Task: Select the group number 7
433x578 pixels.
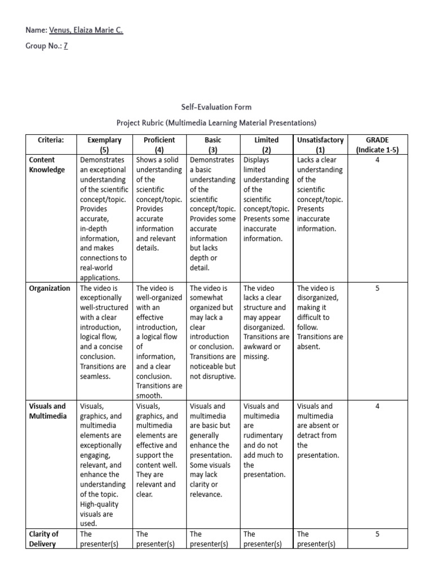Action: pyautogui.click(x=65, y=46)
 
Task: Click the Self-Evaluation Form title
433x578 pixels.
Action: pyautogui.click(x=216, y=107)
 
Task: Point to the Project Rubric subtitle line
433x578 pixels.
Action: pyautogui.click(x=216, y=122)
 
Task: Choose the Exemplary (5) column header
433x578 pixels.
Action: pyautogui.click(x=104, y=145)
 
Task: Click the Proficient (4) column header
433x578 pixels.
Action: pyautogui.click(x=160, y=145)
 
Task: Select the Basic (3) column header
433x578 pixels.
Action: pyautogui.click(x=213, y=145)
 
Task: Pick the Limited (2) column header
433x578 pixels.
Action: pyautogui.click(x=267, y=145)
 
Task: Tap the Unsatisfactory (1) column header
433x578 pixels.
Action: pyautogui.click(x=320, y=145)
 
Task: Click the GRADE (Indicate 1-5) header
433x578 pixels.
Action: pyautogui.click(x=377, y=145)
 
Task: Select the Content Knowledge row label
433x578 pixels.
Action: pyautogui.click(x=47, y=165)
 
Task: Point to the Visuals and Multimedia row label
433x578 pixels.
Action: pyautogui.click(x=47, y=411)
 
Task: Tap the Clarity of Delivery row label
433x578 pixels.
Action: pyautogui.click(x=44, y=538)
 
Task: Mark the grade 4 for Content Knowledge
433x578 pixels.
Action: pyautogui.click(x=377, y=160)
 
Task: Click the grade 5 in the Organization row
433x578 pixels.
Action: pyautogui.click(x=377, y=288)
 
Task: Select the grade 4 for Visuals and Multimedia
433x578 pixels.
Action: pyautogui.click(x=377, y=406)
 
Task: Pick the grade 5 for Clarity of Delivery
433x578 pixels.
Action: pyautogui.click(x=377, y=534)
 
